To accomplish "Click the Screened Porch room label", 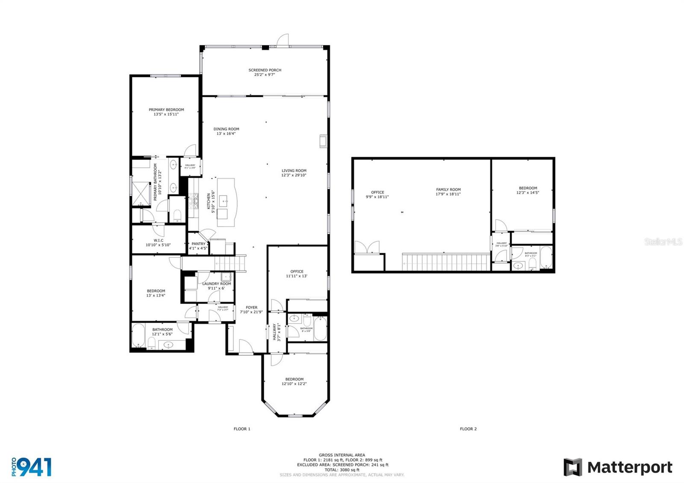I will pos(265,70).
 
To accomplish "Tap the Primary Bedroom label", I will pos(166,110).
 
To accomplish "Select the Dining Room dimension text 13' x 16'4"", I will pos(226,134).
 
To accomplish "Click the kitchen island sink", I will pos(224,200).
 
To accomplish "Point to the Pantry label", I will pos(198,244).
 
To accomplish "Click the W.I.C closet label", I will pos(158,241).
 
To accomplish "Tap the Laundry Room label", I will pos(216,284).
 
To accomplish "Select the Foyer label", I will pos(251,307).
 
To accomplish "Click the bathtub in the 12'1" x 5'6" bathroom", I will pos(138,336).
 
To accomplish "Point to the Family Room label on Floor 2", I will pos(448,190).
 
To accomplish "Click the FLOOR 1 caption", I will pos(242,429).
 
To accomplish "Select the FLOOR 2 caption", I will pos(468,429).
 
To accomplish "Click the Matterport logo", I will pos(617,467).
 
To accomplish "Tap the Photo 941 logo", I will pos(32,467).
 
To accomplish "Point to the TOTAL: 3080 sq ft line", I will pos(342,470).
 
